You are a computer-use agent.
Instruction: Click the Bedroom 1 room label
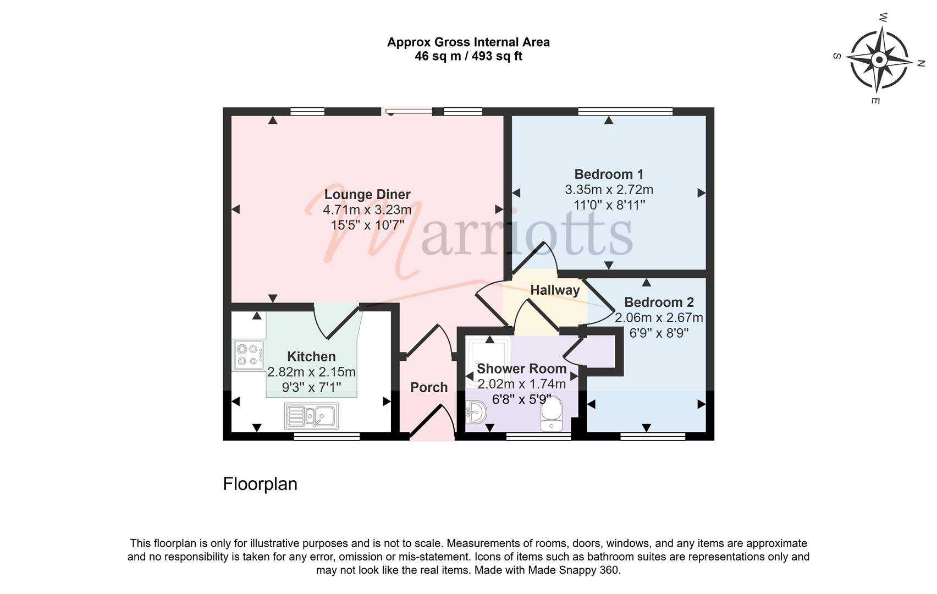pyautogui.click(x=609, y=174)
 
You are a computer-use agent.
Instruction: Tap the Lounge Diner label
pyautogui.click(x=367, y=194)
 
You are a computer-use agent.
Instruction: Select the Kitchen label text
pyautogui.click(x=311, y=356)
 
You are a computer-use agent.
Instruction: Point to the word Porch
pyautogui.click(x=429, y=387)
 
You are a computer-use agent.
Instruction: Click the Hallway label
pyautogui.click(x=555, y=290)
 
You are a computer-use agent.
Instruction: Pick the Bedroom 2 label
pyautogui.click(x=659, y=302)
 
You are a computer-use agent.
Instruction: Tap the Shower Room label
pyautogui.click(x=522, y=369)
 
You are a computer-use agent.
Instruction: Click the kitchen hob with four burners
pyautogui.click(x=249, y=355)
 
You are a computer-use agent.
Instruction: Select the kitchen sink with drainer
pyautogui.click(x=311, y=416)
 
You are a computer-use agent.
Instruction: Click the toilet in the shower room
pyautogui.click(x=552, y=414)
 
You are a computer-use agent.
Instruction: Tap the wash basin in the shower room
pyautogui.click(x=476, y=413)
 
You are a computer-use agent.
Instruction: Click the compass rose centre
pyautogui.click(x=879, y=60)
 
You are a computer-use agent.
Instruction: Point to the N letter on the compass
pyautogui.click(x=921, y=64)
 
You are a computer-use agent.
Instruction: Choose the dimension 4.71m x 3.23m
pyautogui.click(x=367, y=210)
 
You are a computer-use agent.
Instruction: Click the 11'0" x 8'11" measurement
pyautogui.click(x=609, y=205)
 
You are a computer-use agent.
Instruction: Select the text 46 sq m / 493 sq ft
pyautogui.click(x=468, y=56)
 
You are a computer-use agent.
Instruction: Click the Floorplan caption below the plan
pyautogui.click(x=260, y=484)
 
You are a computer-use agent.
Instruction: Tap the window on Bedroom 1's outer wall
pyautogui.click(x=625, y=111)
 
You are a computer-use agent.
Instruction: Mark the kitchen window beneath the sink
pyautogui.click(x=327, y=437)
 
